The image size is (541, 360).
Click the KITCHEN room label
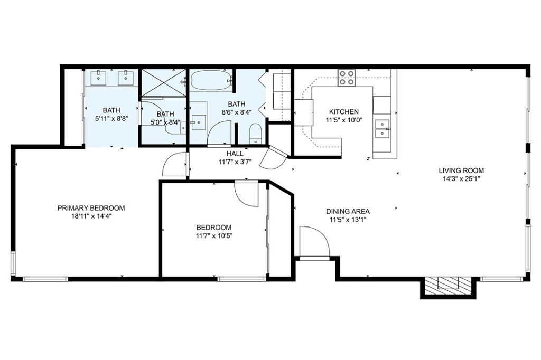344,112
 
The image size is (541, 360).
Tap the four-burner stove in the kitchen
347,78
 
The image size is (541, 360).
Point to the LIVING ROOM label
461,170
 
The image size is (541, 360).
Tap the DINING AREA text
348,211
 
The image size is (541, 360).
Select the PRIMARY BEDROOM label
91,208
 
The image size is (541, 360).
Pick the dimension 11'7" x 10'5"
213,236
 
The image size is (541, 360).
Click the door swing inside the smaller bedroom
246,193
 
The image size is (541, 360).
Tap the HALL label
235,154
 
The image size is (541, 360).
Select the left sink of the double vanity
99,78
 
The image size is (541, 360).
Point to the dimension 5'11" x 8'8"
111,119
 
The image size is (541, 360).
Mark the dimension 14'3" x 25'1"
461,179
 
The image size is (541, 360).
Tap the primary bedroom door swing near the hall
174,165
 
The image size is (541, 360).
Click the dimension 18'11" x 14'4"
91,216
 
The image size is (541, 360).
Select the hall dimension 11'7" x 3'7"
235,162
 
